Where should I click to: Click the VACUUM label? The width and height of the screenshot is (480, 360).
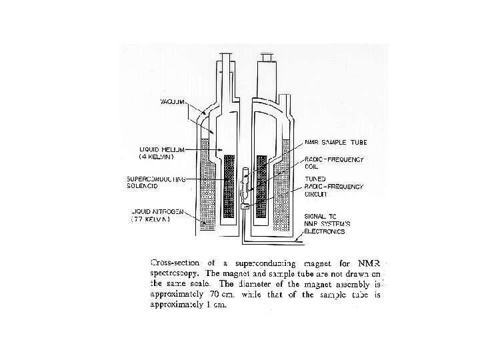point(172,101)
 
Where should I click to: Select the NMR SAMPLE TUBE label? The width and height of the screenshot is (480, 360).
point(335,142)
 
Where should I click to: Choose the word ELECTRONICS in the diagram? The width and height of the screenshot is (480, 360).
point(325,232)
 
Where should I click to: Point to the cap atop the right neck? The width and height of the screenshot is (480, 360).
point(267,63)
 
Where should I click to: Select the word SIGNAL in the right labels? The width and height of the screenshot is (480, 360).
point(316,216)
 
